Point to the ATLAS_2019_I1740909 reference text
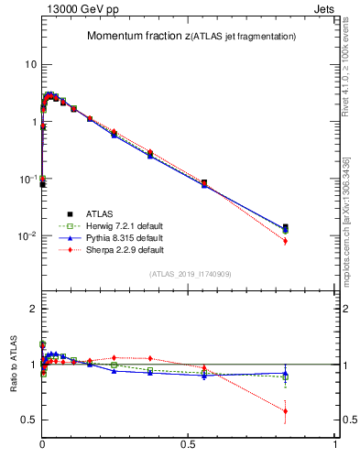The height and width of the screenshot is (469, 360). pyautogui.click(x=190, y=274)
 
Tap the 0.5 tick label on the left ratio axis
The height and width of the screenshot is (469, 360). pyautogui.click(x=27, y=420)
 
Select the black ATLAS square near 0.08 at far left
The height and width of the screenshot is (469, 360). pyautogui.click(x=43, y=184)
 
